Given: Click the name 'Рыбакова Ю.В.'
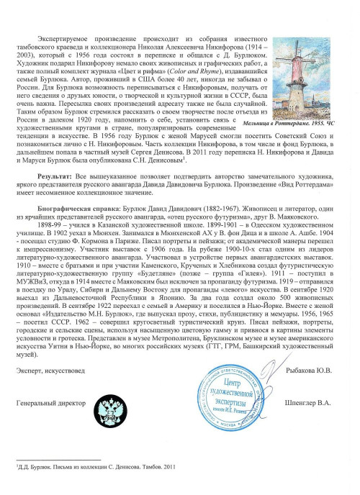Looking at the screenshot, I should coord(305,371).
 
